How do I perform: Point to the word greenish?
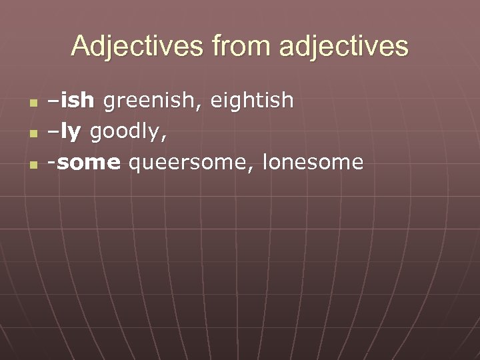tap(152, 101)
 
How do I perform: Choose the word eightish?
tap(253, 101)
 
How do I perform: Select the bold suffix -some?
tap(83, 163)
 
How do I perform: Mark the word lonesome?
tap(313, 163)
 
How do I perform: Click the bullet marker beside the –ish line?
tap(33, 103)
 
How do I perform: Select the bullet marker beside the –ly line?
tap(33, 133)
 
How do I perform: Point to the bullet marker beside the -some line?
tap(33, 164)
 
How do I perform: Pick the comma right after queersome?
tap(253, 169)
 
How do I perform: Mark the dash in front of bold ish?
tap(52, 102)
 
